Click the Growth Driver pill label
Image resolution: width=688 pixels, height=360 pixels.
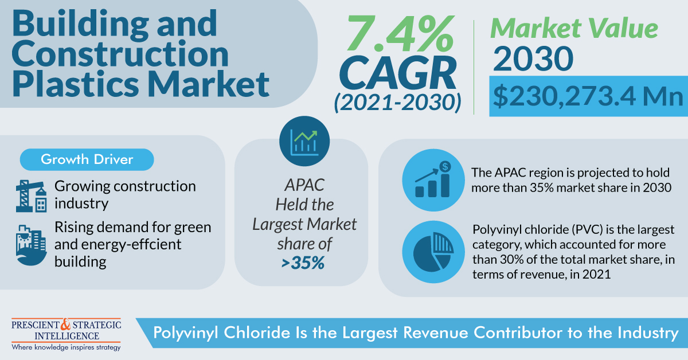(x=87, y=159)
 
